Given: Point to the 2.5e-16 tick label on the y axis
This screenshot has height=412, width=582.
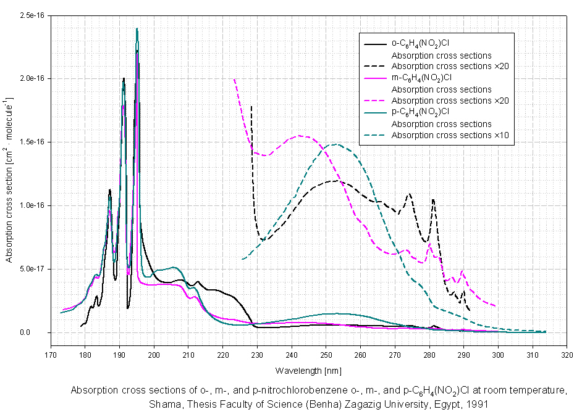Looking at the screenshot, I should [32, 15].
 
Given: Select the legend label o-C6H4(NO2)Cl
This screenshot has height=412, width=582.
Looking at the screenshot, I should [422, 43].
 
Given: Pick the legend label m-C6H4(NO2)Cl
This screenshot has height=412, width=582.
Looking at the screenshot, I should [423, 78].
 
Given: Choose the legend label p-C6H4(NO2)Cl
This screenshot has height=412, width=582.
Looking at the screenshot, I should [422, 112].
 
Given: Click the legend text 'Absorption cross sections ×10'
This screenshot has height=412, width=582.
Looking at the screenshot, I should [450, 135].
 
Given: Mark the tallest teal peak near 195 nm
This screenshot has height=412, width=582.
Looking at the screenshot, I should [137, 29].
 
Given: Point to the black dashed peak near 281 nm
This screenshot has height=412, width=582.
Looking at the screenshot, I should [433, 199].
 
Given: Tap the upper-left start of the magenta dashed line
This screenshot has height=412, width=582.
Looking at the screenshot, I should [234, 79].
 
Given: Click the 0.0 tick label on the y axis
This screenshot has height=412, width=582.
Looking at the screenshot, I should [38, 332].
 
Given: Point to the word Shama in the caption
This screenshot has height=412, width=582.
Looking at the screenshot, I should [161, 404].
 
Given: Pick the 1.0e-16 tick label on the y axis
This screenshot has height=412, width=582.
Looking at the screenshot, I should [32, 205].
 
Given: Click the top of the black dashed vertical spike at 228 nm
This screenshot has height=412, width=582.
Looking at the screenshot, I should [251, 106].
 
